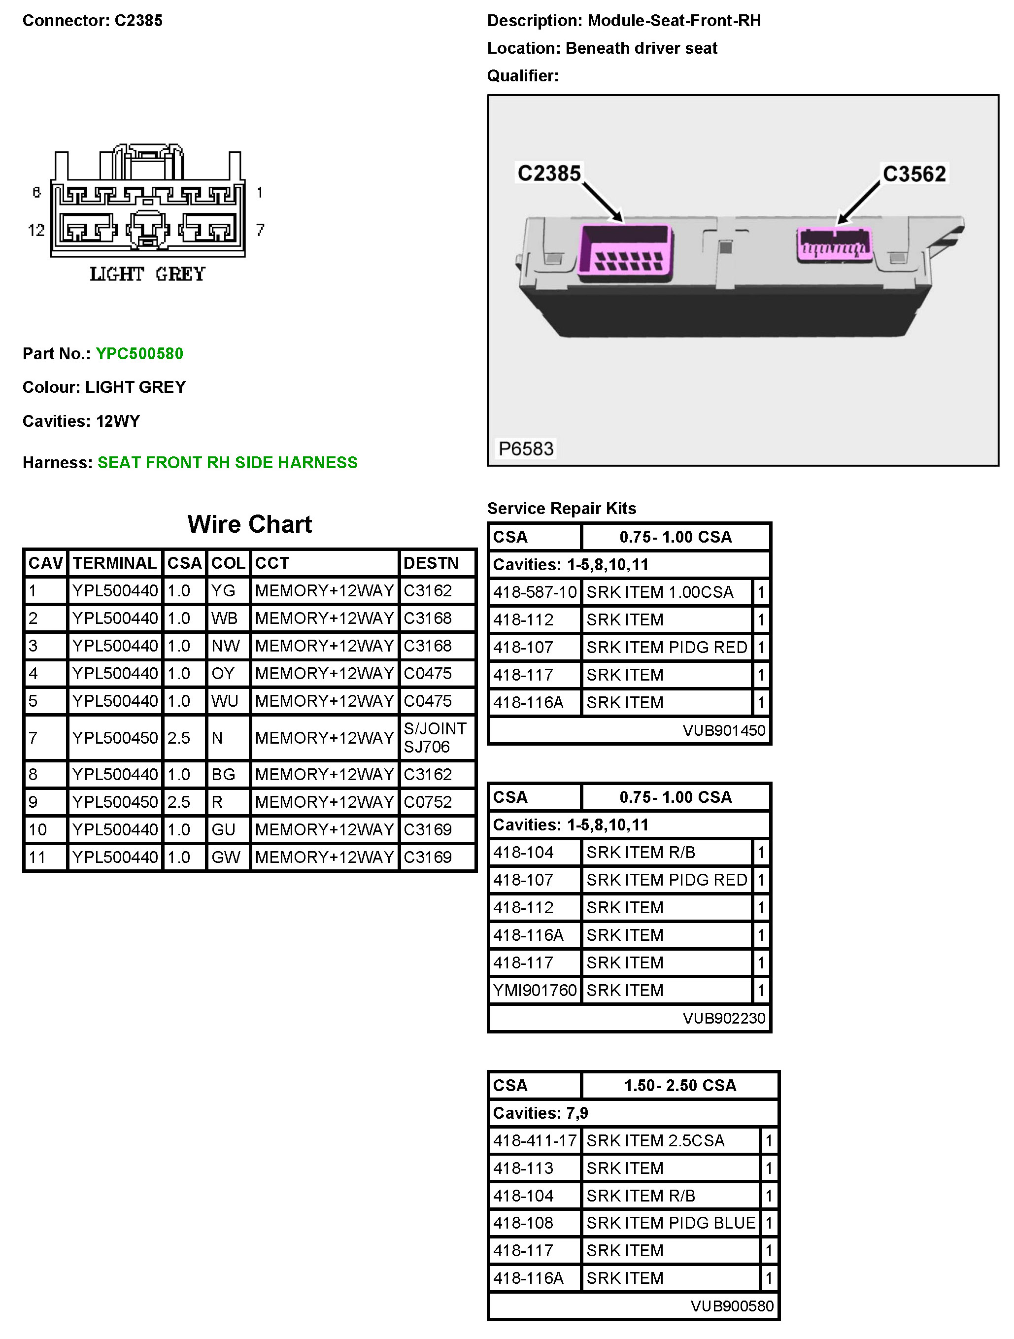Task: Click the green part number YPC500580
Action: tap(139, 353)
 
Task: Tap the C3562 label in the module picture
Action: tap(913, 174)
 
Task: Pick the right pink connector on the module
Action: tap(835, 244)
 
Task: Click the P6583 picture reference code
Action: tap(525, 448)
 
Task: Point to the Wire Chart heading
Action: tap(249, 524)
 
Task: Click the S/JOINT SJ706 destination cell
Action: tap(436, 737)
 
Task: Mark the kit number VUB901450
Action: tap(723, 731)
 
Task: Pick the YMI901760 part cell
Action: tap(535, 990)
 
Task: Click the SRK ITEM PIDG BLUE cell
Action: tap(671, 1223)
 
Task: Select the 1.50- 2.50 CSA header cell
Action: tap(680, 1085)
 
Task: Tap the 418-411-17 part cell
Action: tap(535, 1140)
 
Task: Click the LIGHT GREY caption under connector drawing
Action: tap(148, 274)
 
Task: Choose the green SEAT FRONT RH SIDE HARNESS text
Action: tap(228, 462)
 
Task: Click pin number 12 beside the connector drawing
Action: tap(36, 230)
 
